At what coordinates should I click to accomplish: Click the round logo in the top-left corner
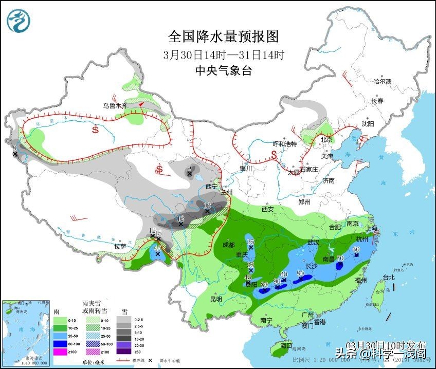(19, 21)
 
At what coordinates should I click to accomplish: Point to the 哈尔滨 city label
(382, 81)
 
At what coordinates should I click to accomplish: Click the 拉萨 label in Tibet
(120, 246)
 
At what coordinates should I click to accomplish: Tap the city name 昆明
(215, 299)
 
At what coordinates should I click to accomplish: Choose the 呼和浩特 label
(284, 144)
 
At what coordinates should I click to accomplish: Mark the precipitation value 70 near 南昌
(340, 259)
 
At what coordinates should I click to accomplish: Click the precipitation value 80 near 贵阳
(265, 285)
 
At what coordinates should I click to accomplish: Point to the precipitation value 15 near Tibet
(158, 234)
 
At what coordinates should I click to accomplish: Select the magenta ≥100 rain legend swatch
(61, 352)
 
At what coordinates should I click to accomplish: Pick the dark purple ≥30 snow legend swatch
(123, 352)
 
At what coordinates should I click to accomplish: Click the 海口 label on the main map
(286, 346)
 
